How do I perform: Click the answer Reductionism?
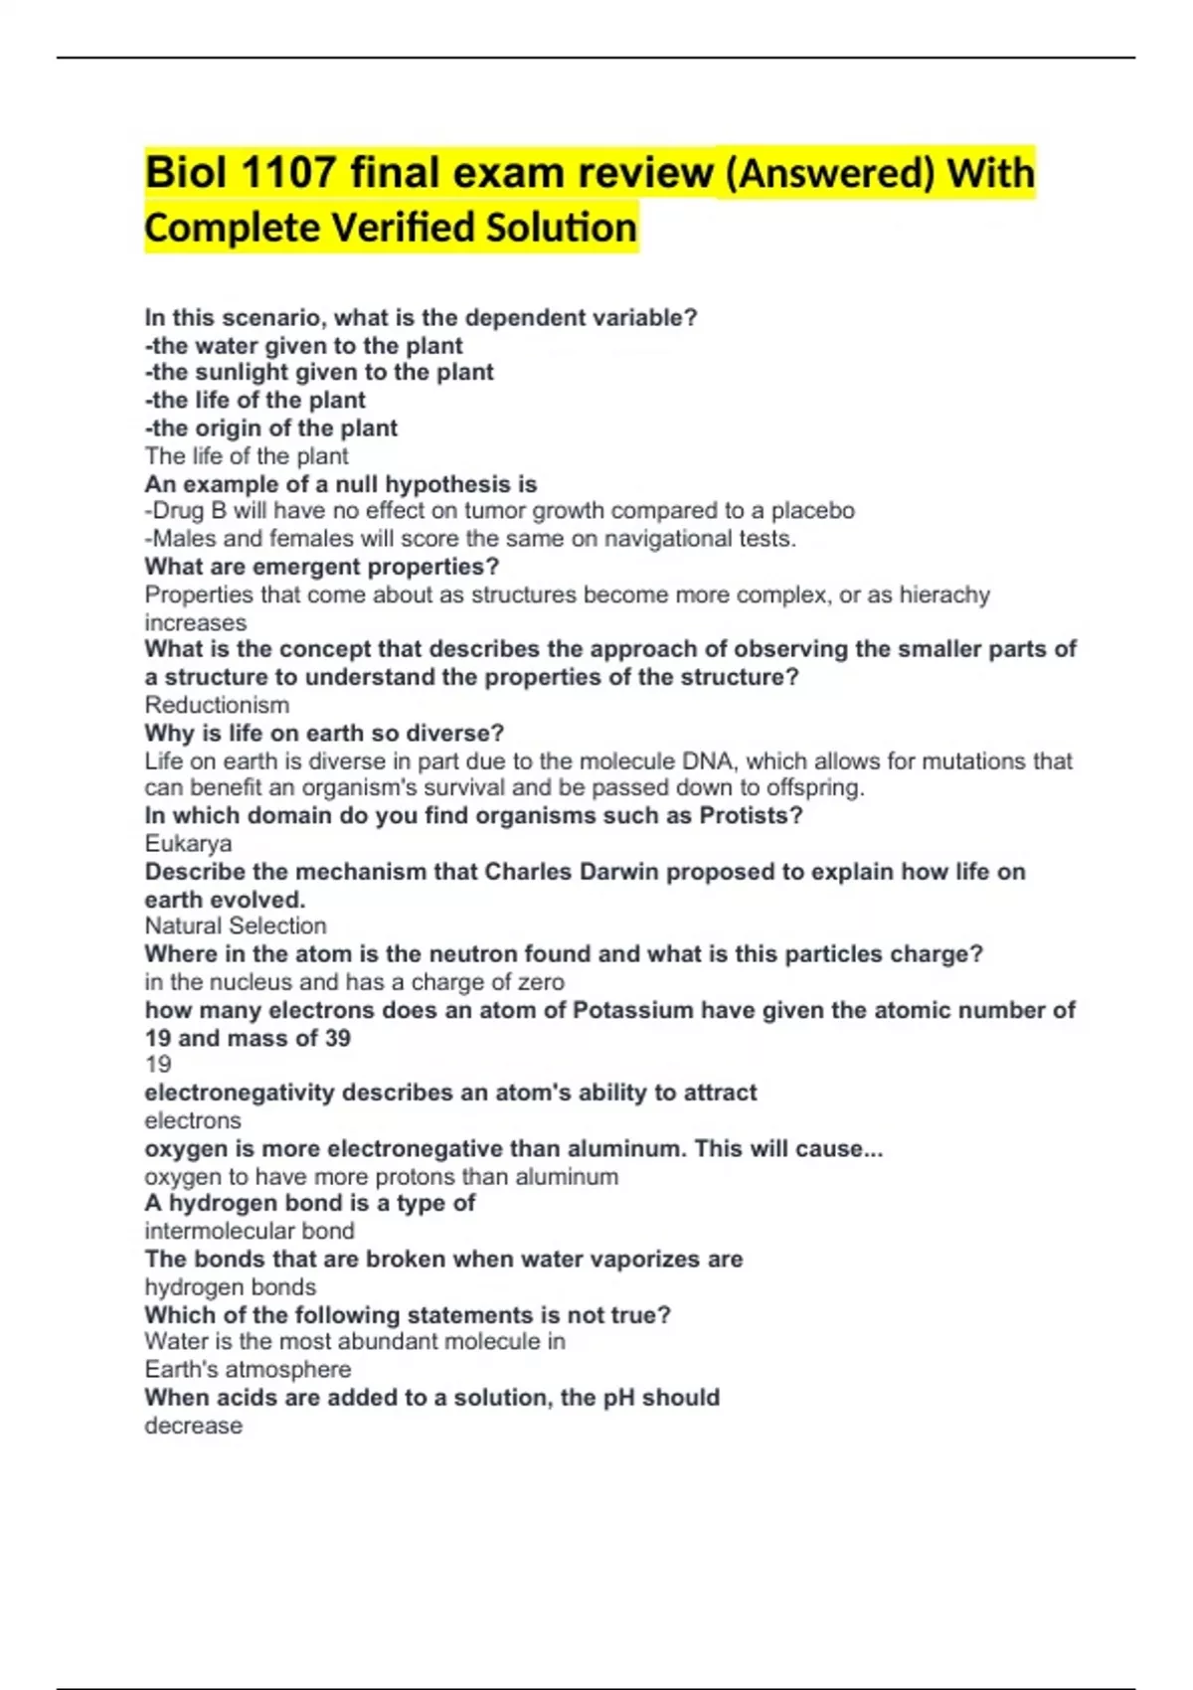click(x=217, y=705)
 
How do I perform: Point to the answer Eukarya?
click(x=188, y=843)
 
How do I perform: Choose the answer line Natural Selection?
click(x=236, y=926)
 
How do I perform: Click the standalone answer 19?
click(x=158, y=1065)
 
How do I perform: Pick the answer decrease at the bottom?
click(x=193, y=1426)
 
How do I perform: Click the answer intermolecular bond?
click(x=250, y=1231)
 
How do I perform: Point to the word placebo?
click(x=812, y=511)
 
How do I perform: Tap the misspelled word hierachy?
click(x=944, y=594)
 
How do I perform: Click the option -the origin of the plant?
click(x=270, y=428)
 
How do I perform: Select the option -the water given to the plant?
click(x=303, y=346)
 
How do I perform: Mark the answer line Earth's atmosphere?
click(x=248, y=1369)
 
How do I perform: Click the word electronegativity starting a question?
click(x=239, y=1093)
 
